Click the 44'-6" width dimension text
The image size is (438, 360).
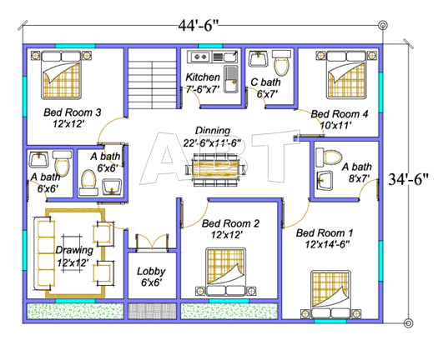pyautogui.click(x=198, y=25)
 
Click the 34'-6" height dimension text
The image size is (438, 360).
pyautogui.click(x=408, y=179)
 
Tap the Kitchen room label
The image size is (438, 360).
pyautogui.click(x=203, y=77)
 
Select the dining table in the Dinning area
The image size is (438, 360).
pyautogui.click(x=215, y=169)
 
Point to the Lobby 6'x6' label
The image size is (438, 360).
pyautogui.click(x=151, y=277)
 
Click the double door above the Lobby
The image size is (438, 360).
pyautogui.click(x=152, y=242)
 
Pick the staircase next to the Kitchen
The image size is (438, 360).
pyautogui.click(x=152, y=78)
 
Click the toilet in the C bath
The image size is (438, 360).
pyautogui.click(x=281, y=62)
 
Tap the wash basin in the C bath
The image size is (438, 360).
pyautogui.click(x=259, y=59)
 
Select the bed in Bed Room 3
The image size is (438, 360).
pyautogui.click(x=61, y=74)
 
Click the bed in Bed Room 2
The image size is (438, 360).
pyautogui.click(x=226, y=272)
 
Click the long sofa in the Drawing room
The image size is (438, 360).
pyautogui.click(x=44, y=253)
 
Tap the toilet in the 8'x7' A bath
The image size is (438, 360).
pyautogui.click(x=329, y=157)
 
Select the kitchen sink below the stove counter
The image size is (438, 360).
pyautogui.click(x=231, y=79)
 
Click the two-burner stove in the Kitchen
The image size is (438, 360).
pyautogui.click(x=200, y=57)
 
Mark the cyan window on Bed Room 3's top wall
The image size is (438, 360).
pyautogui.click(x=75, y=46)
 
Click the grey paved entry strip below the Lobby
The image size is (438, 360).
pyautogui.click(x=152, y=311)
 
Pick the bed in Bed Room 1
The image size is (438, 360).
pyautogui.click(x=330, y=294)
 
